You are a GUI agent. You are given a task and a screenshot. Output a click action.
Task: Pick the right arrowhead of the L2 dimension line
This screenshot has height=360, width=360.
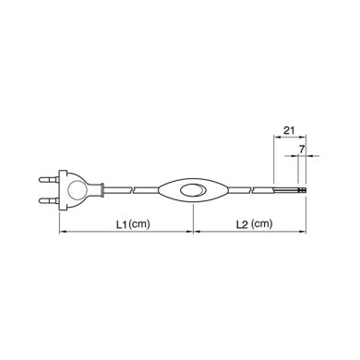pyautogui.click(x=305, y=232)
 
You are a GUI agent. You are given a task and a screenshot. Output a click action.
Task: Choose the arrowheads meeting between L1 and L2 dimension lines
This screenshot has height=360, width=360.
pyautogui.click(x=192, y=232)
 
